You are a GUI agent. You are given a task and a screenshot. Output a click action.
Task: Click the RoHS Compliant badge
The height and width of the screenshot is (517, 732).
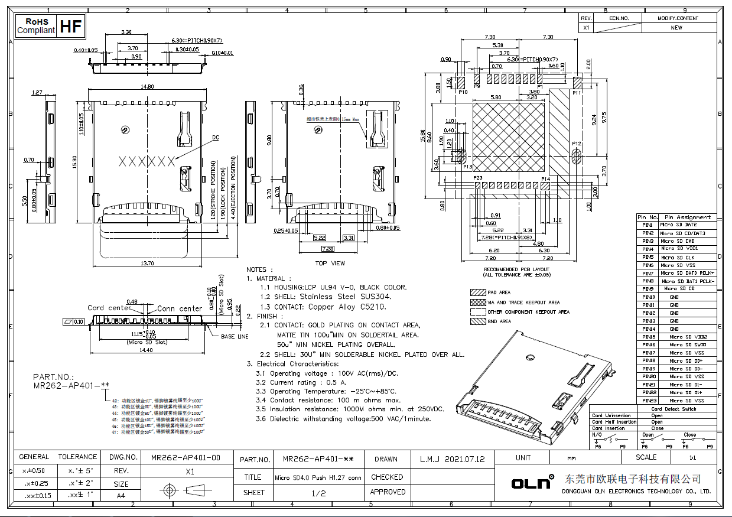36,25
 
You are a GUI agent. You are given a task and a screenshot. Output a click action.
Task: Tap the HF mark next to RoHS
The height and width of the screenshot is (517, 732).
71,26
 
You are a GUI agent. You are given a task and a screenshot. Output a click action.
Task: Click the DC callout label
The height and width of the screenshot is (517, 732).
215,138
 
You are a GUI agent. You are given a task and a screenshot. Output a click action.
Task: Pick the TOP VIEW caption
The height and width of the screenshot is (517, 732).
330,263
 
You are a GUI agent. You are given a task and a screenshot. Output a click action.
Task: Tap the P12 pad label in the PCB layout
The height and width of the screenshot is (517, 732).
577,144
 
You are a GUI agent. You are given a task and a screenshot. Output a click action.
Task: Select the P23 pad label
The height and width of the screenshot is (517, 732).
478,178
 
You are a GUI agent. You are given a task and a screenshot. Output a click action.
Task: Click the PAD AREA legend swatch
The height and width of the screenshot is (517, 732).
477,292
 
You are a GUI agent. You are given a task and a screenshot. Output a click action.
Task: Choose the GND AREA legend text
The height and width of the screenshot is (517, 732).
499,321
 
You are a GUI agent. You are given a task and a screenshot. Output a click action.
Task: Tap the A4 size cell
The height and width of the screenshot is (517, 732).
121,495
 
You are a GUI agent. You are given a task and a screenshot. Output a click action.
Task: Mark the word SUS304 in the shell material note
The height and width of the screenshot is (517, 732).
375,297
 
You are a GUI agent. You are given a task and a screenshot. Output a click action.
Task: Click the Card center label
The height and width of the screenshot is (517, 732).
109,308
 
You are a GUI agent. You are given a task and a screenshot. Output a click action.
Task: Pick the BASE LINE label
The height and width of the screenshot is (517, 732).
235,337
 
